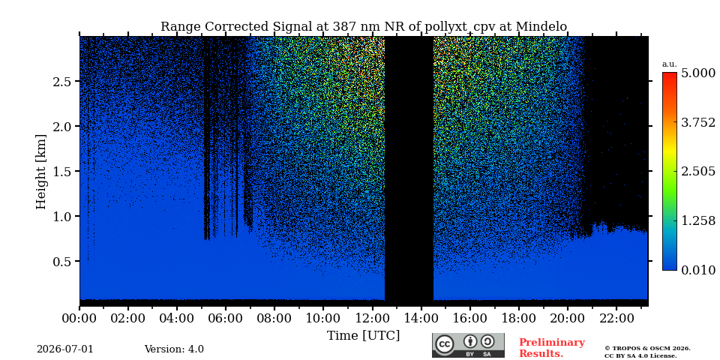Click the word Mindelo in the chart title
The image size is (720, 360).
coord(541,27)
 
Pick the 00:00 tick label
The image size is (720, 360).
coord(79,318)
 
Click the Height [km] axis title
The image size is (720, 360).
coord(41,172)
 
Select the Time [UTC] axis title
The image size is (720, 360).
coord(363,336)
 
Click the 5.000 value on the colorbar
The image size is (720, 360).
coord(698,73)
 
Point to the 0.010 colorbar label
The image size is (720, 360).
coord(698,270)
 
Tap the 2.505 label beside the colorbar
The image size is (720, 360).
coord(698,172)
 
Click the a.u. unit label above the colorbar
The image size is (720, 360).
coord(670,64)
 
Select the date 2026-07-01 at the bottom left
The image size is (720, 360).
coord(65,349)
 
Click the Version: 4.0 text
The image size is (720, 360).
coord(174,349)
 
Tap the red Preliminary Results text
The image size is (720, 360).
coord(552,348)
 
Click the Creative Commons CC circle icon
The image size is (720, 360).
coord(445,344)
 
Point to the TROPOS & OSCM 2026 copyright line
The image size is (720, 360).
coord(647,349)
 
